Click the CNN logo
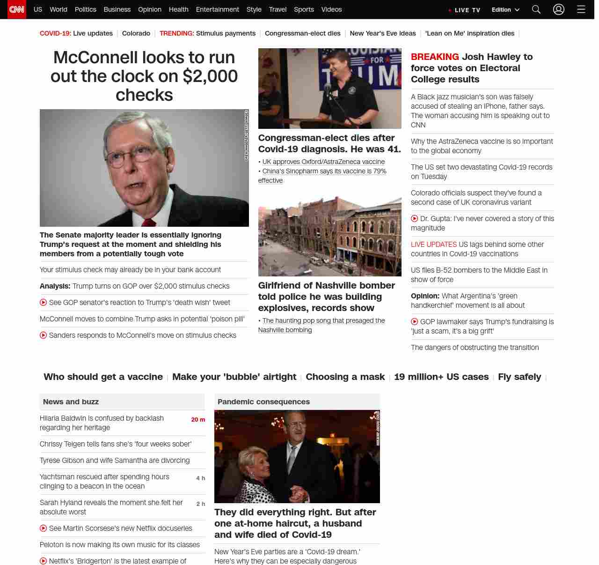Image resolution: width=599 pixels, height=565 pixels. pyautogui.click(x=17, y=9)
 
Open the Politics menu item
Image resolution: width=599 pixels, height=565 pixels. pyautogui.click(x=85, y=9)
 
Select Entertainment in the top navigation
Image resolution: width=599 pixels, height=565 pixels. pyautogui.click(x=217, y=9)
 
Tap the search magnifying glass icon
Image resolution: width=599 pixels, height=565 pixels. pyautogui.click(x=536, y=9)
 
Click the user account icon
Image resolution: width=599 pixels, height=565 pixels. pyautogui.click(x=559, y=9)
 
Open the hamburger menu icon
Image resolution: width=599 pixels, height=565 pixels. pyautogui.click(x=581, y=9)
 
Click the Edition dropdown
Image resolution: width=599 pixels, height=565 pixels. pyautogui.click(x=505, y=10)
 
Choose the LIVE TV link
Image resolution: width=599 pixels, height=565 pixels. pyautogui.click(x=464, y=10)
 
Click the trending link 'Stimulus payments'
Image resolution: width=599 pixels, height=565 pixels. pyautogui.click(x=226, y=33)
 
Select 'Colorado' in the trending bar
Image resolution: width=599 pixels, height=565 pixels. pyautogui.click(x=136, y=33)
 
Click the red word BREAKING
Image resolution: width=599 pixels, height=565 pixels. pyautogui.click(x=435, y=57)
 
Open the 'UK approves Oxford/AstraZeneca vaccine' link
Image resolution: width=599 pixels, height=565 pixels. pyautogui.click(x=323, y=162)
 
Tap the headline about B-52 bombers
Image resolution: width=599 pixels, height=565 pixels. pyautogui.click(x=479, y=275)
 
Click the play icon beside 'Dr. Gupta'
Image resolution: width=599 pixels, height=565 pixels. pyautogui.click(x=415, y=219)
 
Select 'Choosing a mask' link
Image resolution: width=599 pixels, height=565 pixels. pyautogui.click(x=345, y=377)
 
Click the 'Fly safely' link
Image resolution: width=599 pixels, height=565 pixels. pyautogui.click(x=519, y=377)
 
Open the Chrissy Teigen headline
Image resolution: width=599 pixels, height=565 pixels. pyautogui.click(x=116, y=444)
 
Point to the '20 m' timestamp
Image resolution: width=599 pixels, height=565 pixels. pyautogui.click(x=198, y=420)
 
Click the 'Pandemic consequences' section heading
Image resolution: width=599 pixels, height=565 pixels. pyautogui.click(x=263, y=401)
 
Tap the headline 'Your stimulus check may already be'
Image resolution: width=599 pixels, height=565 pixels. pyautogui.click(x=130, y=270)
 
